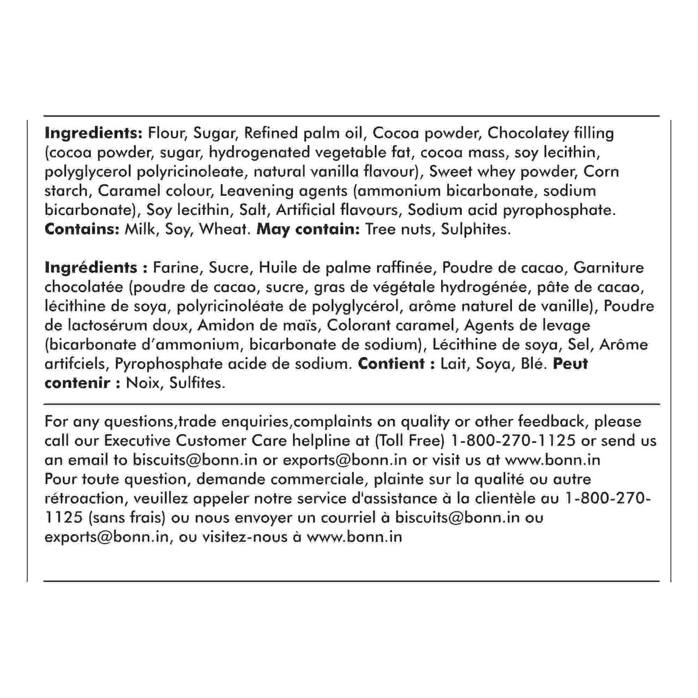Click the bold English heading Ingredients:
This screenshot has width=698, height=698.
pyautogui.click(x=93, y=134)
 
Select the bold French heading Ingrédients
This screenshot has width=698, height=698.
pyautogui.click(x=91, y=268)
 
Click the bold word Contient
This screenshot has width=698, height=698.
pyautogui.click(x=391, y=364)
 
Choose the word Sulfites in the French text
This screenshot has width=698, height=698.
pyautogui.click(x=197, y=383)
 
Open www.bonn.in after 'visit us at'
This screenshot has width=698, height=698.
pyautogui.click(x=552, y=460)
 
